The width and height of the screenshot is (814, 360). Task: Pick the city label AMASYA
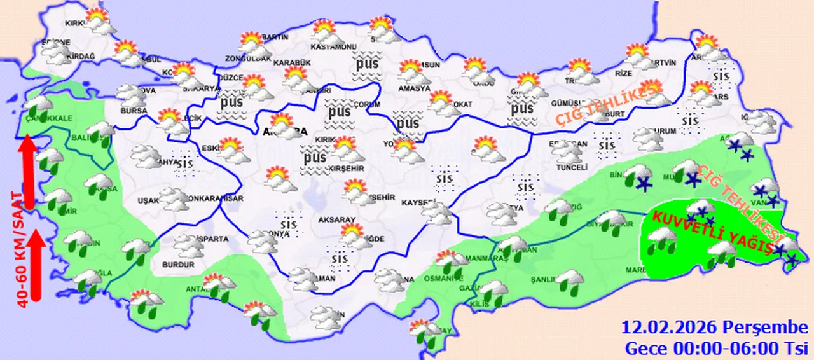[414, 88]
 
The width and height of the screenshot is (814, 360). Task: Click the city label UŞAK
[148, 200]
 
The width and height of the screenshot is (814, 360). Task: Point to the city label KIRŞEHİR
[346, 168]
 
